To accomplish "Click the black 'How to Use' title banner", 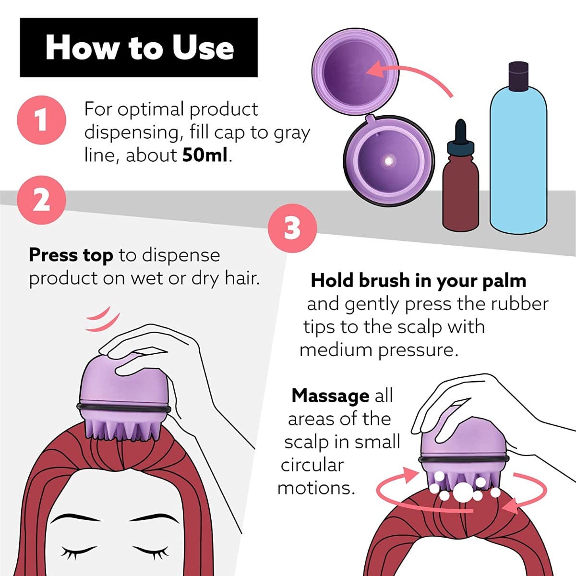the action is tap(139, 48).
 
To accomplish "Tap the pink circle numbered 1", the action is tap(41, 120).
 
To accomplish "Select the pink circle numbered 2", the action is tap(41, 200).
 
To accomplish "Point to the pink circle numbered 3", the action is tap(292, 228).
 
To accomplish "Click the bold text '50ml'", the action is tap(205, 156).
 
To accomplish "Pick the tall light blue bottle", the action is tap(518, 148).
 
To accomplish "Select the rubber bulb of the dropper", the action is tap(461, 131).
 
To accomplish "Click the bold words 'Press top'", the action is tap(71, 255).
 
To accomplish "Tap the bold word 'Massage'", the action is tap(330, 396).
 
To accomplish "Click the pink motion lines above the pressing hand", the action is tap(103, 319).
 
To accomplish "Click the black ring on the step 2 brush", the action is tap(124, 408).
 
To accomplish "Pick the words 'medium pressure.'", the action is tap(379, 350).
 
